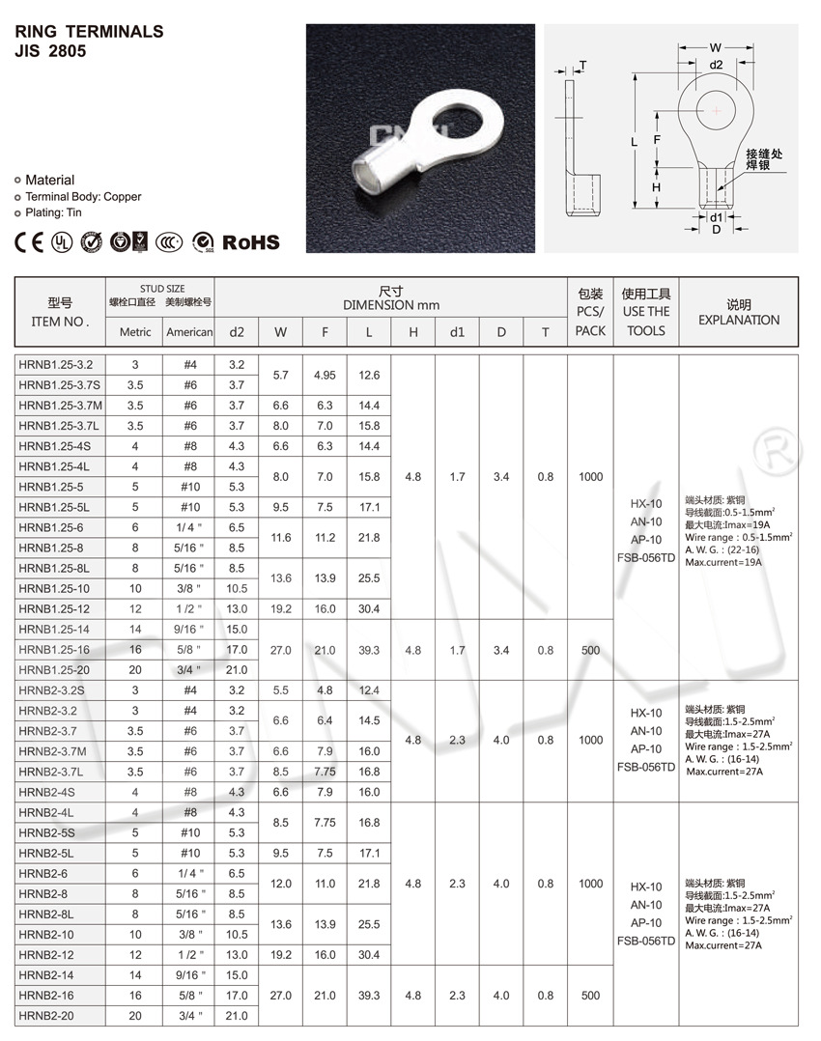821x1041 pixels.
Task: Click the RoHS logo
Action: (x=251, y=241)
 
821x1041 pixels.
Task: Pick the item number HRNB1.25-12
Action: (x=55, y=608)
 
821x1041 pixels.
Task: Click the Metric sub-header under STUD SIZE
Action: (x=135, y=332)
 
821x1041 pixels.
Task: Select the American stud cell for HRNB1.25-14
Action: (x=189, y=630)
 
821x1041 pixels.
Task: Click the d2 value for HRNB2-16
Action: (x=237, y=995)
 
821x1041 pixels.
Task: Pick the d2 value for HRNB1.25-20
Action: (x=237, y=670)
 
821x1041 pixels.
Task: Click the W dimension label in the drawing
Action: (x=715, y=47)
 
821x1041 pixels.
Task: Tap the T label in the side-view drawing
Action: (x=582, y=66)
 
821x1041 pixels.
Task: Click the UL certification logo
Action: (x=62, y=240)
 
